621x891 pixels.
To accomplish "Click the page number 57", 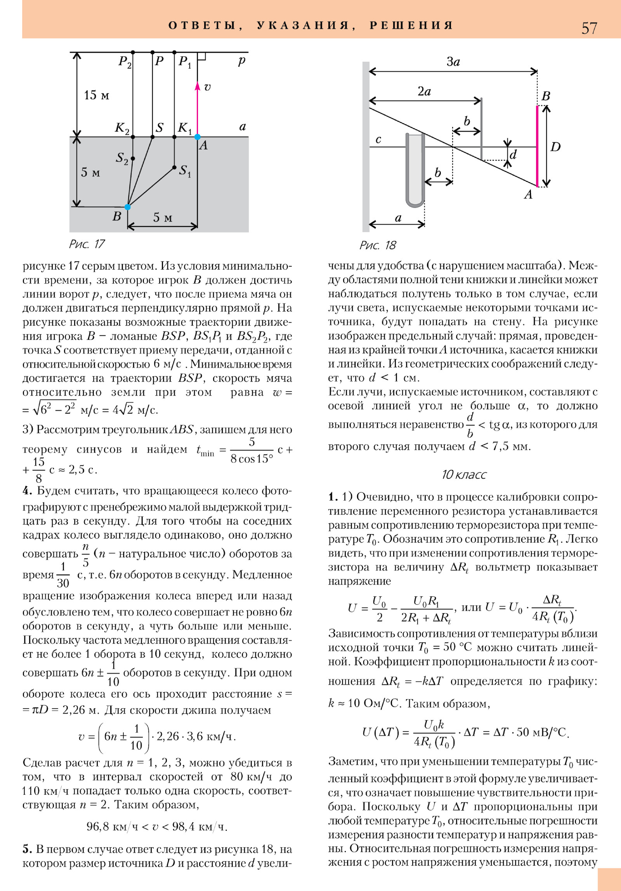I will (x=589, y=28).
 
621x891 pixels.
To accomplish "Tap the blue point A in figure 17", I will (x=197, y=137).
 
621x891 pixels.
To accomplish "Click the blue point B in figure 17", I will (x=127, y=207).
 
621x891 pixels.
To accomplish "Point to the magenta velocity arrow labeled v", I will (x=197, y=109).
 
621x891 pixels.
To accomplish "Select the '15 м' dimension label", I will (x=96, y=95).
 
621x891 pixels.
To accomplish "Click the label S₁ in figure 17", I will (x=185, y=171).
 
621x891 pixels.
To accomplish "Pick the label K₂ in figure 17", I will (x=122, y=128).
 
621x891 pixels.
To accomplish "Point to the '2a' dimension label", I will (x=424, y=92).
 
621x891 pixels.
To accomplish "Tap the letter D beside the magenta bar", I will (x=555, y=147).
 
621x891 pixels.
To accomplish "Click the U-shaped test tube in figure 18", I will (x=415, y=171).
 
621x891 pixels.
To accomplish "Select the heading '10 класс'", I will (x=464, y=475).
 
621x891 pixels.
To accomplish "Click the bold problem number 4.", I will (x=27, y=491).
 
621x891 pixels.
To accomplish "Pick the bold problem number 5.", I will (x=27, y=849).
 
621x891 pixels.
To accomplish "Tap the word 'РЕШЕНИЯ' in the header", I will (x=411, y=26).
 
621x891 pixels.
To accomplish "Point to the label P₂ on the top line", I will (x=125, y=62).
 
